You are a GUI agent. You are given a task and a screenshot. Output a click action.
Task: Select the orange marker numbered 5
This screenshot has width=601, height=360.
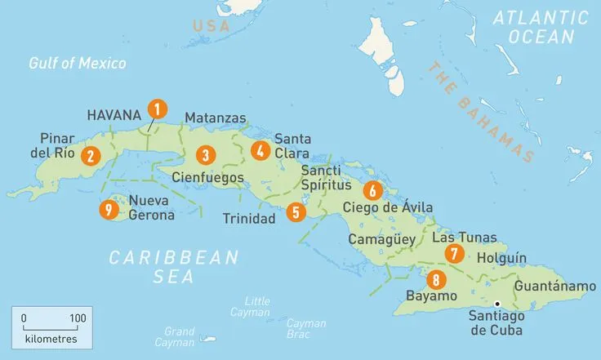296,212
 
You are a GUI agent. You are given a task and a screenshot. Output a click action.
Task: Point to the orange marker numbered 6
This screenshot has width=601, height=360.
372,191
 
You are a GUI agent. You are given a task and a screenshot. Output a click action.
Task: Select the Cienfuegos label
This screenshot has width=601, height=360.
208,176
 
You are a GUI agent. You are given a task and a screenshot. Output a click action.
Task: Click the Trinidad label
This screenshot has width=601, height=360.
249,219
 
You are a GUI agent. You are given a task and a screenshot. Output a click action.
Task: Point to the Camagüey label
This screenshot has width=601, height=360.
382,240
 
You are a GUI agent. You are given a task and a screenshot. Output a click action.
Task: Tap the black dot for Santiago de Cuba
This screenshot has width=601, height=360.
497,304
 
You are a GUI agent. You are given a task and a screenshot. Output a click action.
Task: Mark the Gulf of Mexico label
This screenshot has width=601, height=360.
78,63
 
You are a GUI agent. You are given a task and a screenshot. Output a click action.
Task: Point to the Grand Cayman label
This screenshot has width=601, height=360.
179,337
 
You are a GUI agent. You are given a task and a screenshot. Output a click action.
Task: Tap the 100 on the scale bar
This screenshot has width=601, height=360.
78,318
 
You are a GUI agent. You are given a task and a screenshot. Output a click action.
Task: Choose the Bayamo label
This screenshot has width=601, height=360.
430,296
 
